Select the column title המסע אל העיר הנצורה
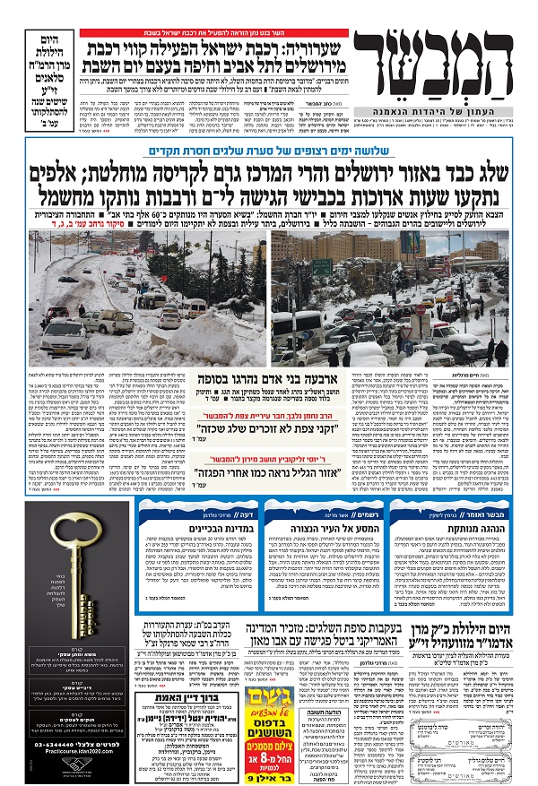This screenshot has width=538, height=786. [348, 532]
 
